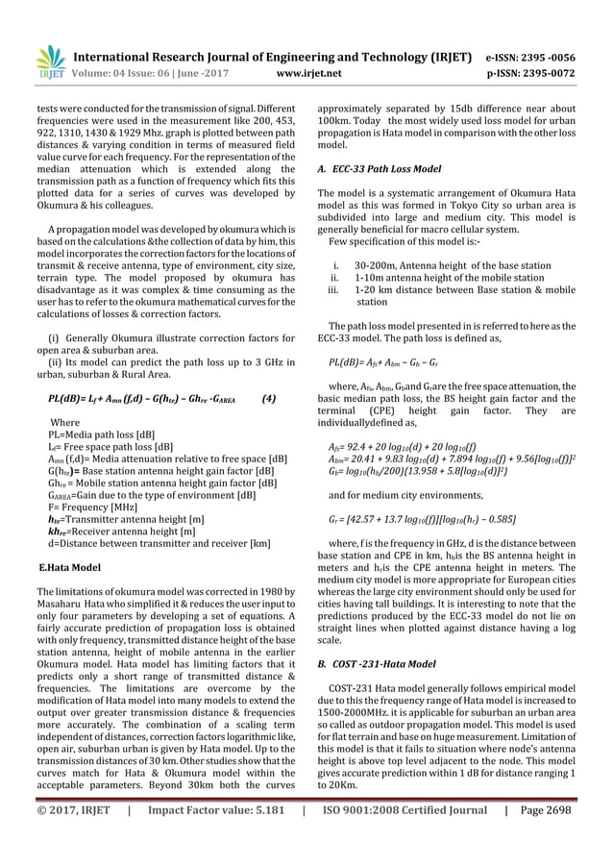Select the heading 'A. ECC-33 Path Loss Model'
tap(379, 169)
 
